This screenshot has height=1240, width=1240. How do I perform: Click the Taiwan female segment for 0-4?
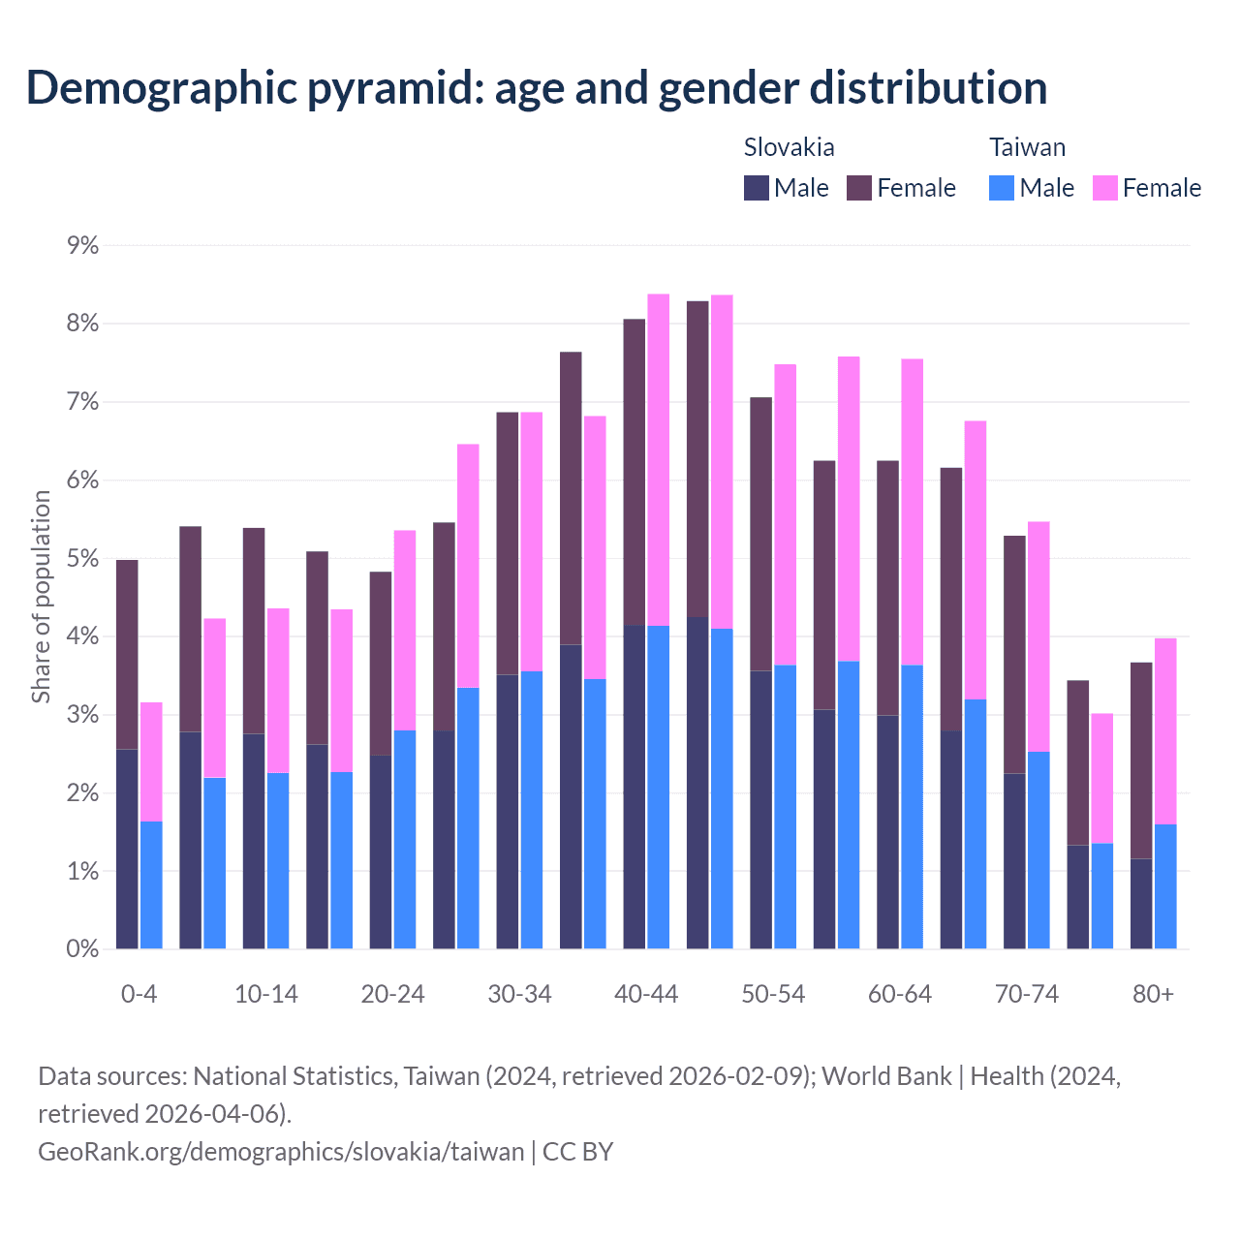(x=151, y=761)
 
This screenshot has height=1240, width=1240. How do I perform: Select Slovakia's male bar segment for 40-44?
(x=634, y=787)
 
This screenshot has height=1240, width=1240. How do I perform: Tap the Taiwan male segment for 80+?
(x=1165, y=886)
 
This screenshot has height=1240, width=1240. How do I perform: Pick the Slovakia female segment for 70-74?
(x=1014, y=654)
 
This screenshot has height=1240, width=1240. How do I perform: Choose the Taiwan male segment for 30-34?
(x=532, y=810)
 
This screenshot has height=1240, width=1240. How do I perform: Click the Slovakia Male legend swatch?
(x=757, y=188)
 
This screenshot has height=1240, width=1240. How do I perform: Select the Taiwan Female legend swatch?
(x=1105, y=188)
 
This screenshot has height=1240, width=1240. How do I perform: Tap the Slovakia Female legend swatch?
(x=860, y=188)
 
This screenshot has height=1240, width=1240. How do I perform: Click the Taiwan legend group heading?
(x=1027, y=147)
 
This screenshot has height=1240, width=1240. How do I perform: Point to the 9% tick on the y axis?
(x=82, y=246)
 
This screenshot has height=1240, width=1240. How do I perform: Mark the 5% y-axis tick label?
(x=82, y=559)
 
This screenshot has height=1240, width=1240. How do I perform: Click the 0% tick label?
(x=82, y=949)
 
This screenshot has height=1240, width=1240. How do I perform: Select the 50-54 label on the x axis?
(x=773, y=995)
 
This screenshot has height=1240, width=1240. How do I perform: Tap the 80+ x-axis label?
(x=1153, y=995)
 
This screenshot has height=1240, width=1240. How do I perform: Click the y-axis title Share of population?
(x=41, y=597)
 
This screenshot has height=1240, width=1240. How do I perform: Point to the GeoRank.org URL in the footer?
(x=281, y=1152)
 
